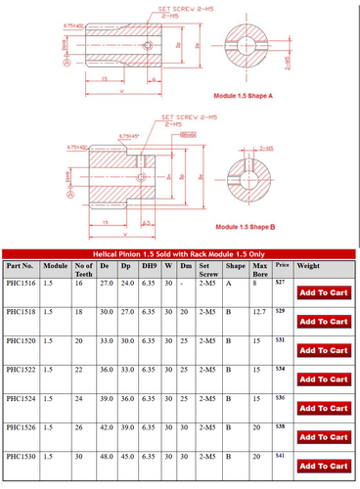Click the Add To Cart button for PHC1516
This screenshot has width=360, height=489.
[323, 292]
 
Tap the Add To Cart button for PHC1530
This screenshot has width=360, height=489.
[323, 467]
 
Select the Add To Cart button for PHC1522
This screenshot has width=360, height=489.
[323, 379]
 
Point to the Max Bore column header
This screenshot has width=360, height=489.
[260, 270]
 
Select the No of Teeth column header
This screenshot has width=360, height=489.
[84, 270]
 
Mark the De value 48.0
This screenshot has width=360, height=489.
[107, 456]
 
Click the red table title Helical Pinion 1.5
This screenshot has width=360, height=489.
[179, 252]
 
